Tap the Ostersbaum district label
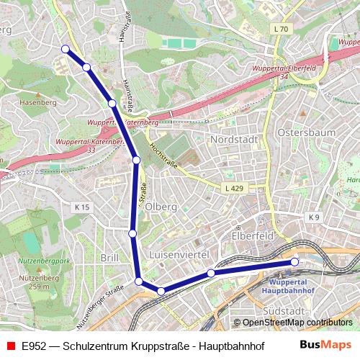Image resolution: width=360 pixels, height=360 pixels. coord(302,135)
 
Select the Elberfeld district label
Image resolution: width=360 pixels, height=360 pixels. coord(251,236)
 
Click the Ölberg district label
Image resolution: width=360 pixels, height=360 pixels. coord(161,207)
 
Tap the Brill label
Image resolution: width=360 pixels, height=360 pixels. coord(109,257)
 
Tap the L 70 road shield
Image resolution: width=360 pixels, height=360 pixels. coord(281,30)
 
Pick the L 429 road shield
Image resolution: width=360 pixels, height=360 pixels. coord(233,187)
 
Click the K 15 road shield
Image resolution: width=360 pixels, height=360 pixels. coord(82,207)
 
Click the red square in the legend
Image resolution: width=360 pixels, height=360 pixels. coord(10,345)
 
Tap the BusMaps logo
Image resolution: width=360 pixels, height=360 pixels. coord(326,345)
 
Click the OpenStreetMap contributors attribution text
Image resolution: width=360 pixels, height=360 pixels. coord(297,323)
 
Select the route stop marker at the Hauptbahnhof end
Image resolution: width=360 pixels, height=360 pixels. coord(294,262)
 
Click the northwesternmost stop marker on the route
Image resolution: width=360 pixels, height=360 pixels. coord(66,49)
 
